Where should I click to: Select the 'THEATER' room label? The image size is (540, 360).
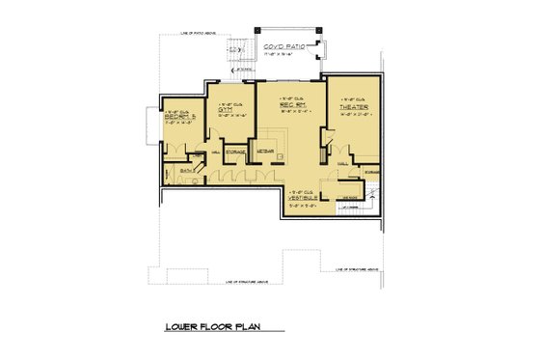pyautogui.click(x=348, y=107)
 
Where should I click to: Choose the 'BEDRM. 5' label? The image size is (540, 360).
pyautogui.click(x=180, y=117)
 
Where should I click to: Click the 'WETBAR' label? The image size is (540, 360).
pyautogui.click(x=264, y=152)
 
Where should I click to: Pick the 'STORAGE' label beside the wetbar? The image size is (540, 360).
pyautogui.click(x=234, y=152)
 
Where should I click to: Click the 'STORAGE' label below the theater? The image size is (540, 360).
pyautogui.click(x=371, y=170)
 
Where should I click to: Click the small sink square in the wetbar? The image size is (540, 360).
pyautogui.click(x=279, y=154)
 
